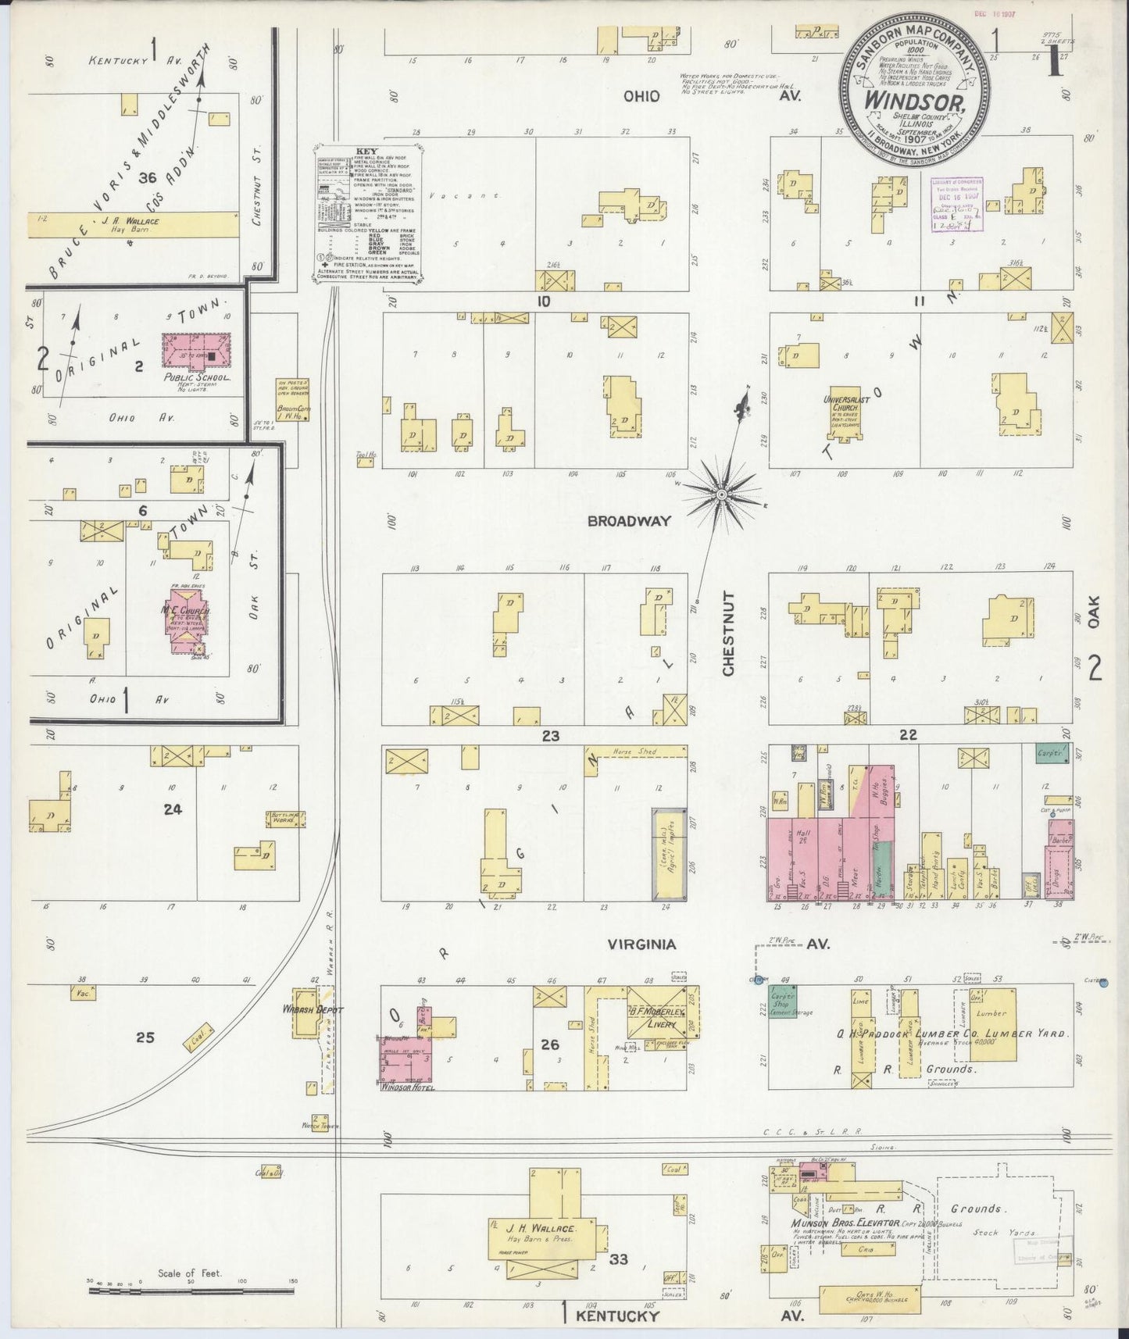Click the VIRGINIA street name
[x=642, y=944]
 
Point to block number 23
[x=552, y=735]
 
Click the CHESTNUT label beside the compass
[x=728, y=634]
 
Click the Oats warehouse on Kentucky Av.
[x=869, y=1301]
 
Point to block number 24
[x=173, y=809]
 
